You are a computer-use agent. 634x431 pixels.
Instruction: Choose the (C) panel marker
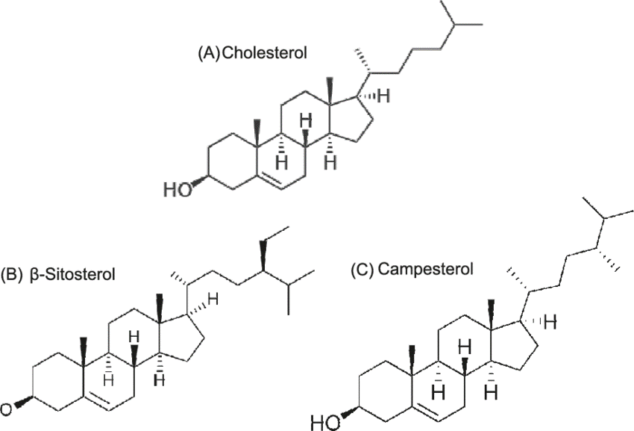[361, 268]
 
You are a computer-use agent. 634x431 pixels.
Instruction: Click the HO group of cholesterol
[177, 190]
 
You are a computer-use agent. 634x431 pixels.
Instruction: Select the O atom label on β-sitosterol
[5, 408]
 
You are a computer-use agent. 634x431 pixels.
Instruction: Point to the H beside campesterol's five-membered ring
[552, 322]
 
